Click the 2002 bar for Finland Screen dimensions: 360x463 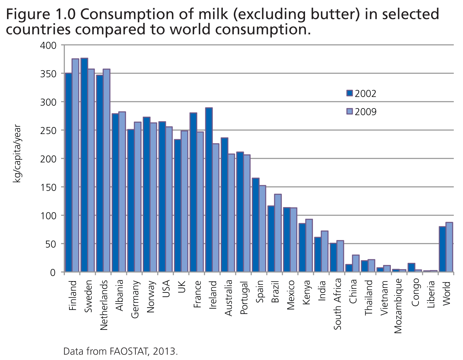[x=68, y=172]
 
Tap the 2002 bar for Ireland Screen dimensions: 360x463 [x=209, y=189]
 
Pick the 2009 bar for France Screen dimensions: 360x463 [x=200, y=202]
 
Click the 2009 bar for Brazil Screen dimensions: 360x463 [x=278, y=233]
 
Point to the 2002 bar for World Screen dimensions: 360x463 [x=442, y=249]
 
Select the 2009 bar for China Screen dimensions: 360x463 [x=356, y=263]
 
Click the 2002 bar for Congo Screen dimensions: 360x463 [x=411, y=267]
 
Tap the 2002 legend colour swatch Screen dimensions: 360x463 [x=349, y=93]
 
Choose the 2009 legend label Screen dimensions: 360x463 [x=366, y=112]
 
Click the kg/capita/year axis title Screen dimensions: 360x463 [x=17, y=154]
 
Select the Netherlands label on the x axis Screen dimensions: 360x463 [x=104, y=305]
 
